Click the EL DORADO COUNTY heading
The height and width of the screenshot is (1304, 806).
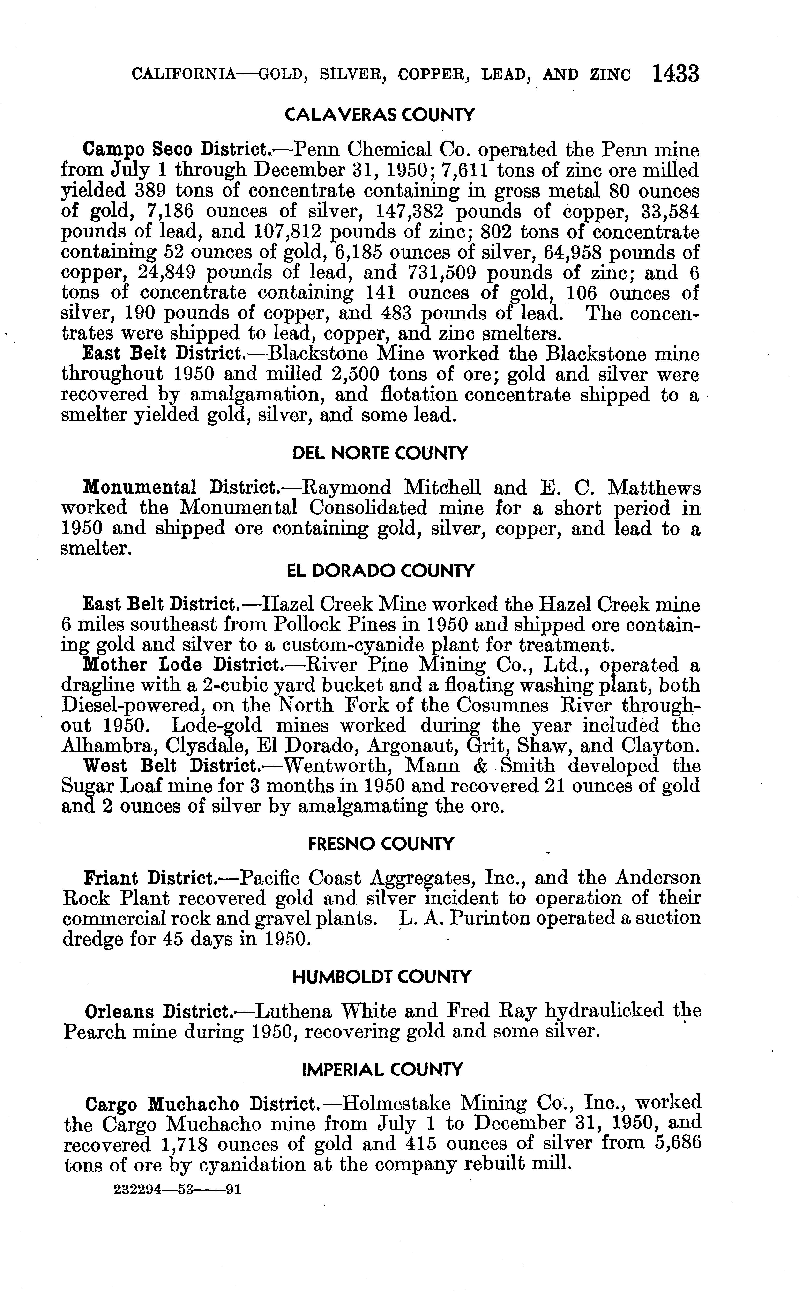pos(380,571)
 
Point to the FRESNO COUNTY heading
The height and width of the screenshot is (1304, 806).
pos(381,844)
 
